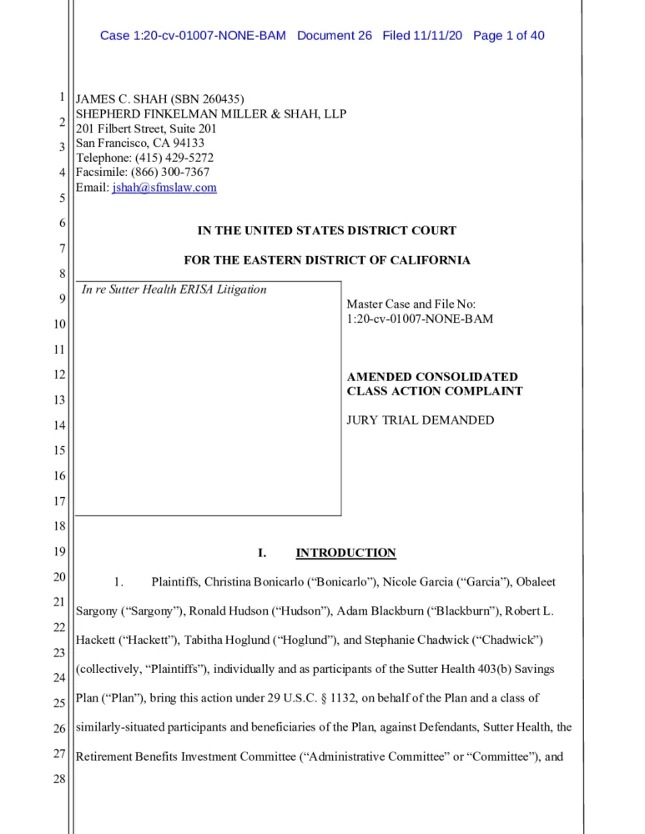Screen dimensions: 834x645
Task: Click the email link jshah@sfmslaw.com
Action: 164,188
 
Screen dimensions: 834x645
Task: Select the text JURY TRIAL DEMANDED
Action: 420,420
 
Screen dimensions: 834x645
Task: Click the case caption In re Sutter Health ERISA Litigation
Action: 174,289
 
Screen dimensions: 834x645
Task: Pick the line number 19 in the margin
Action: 58,552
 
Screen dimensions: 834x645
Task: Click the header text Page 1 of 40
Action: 508,36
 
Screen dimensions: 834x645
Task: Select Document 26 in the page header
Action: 334,36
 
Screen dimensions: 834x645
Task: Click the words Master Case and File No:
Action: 411,304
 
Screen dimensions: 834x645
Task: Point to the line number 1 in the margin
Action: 61,98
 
